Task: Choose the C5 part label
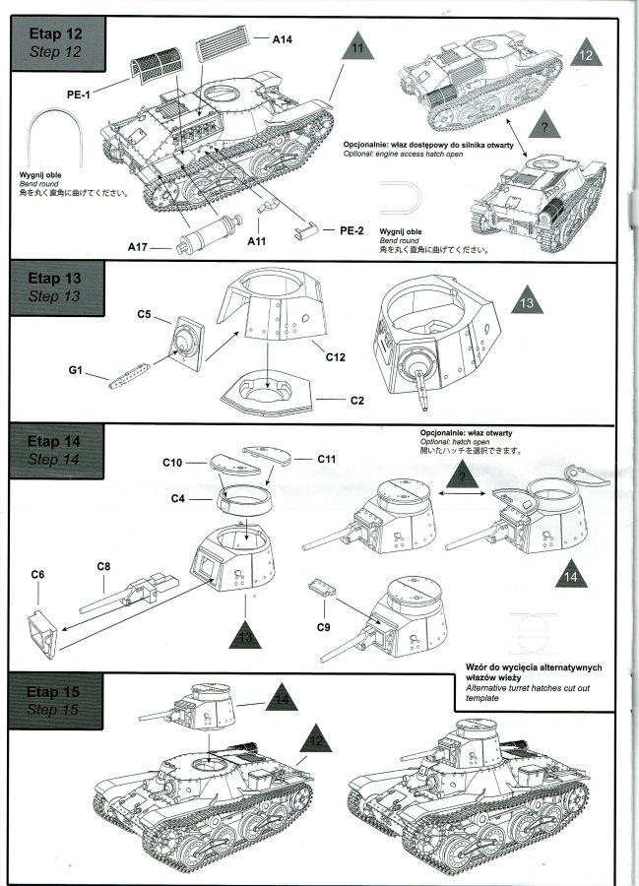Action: [145, 315]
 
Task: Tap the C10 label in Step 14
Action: [172, 461]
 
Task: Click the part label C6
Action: [38, 574]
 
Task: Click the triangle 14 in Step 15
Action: [283, 700]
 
